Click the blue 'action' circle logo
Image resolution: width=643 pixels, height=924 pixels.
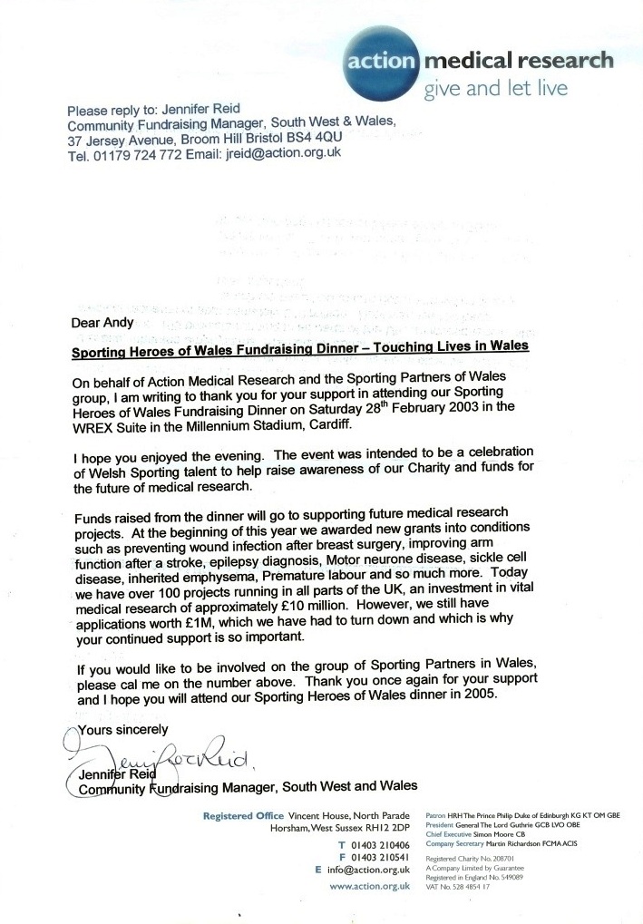[x=380, y=62]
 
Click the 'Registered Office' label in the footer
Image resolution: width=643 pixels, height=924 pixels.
[x=243, y=816]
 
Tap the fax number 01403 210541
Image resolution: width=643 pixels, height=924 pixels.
[x=381, y=857]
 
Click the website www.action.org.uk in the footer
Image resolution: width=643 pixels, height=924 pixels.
[x=365, y=885]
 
